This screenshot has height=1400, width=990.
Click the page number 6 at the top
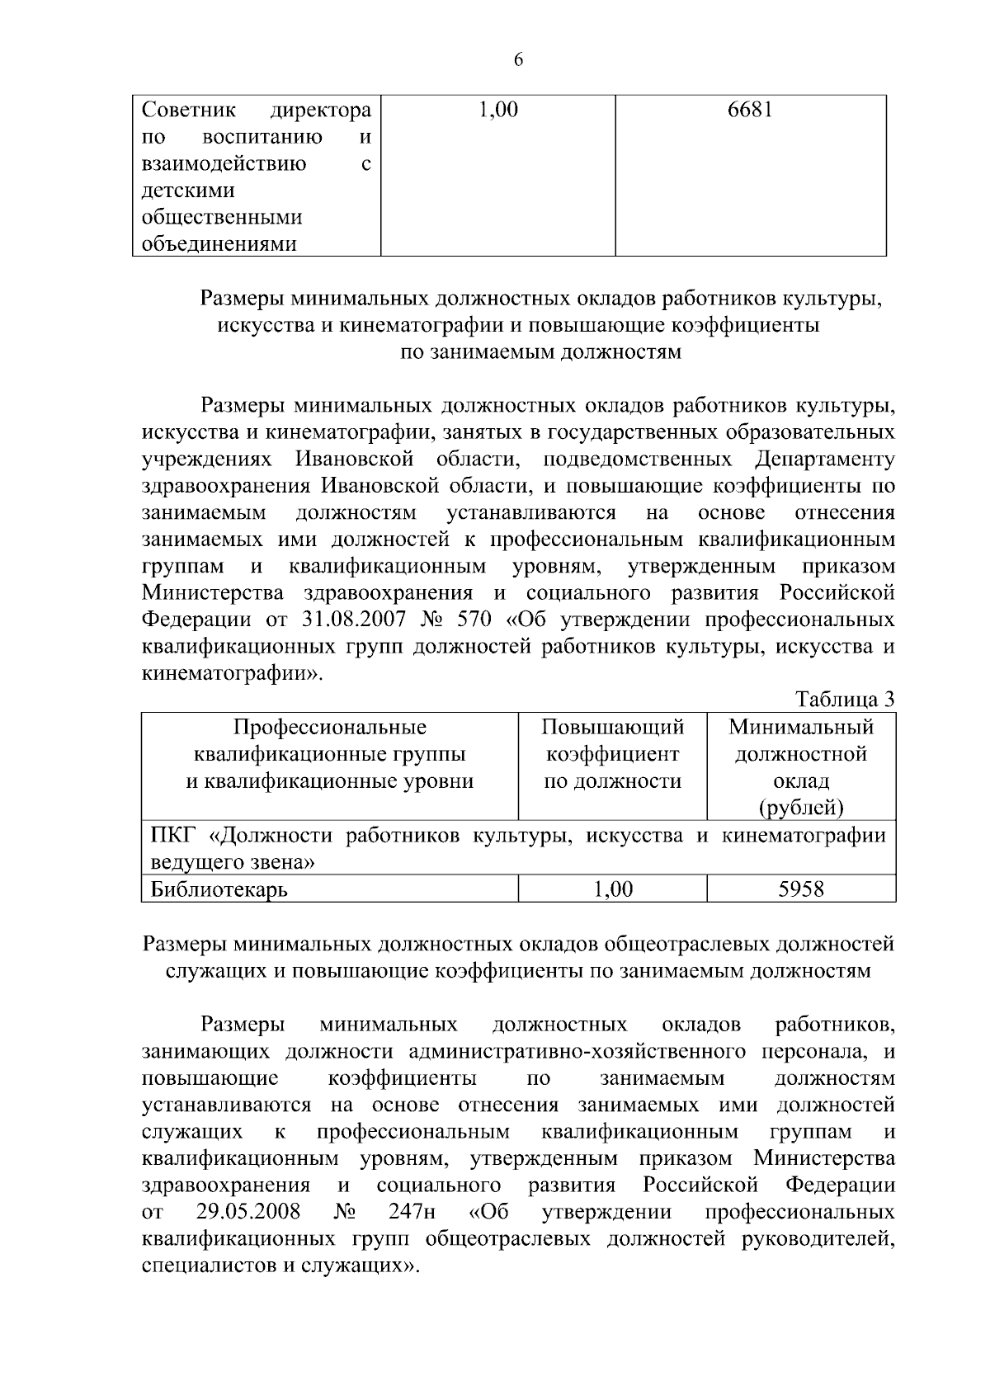518,59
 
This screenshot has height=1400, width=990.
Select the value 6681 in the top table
750,111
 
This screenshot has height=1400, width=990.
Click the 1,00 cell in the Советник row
498,111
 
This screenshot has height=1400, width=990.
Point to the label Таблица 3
845,700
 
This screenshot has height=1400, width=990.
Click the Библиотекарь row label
219,889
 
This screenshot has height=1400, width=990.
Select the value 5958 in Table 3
801,889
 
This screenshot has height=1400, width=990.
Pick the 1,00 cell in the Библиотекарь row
613,889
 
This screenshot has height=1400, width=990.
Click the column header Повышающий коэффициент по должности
612,754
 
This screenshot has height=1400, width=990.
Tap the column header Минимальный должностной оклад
801,754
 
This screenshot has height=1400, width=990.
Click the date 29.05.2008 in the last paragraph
248,1212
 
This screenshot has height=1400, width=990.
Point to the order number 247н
411,1212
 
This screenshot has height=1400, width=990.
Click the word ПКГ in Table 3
170,836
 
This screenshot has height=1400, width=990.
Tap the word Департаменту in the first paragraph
824,459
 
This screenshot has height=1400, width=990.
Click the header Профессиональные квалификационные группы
329,741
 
